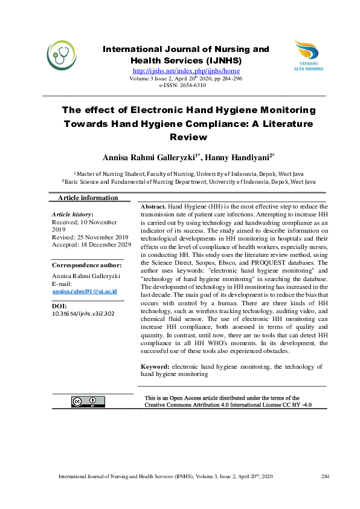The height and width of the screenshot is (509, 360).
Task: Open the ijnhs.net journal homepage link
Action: (186, 71)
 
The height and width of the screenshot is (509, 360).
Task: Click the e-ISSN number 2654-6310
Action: (191, 85)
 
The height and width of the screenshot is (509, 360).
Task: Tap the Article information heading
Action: (88, 198)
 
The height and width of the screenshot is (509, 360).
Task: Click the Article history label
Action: (72, 215)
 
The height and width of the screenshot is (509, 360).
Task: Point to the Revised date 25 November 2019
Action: (90, 238)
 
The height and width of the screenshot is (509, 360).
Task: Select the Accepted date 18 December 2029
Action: (91, 245)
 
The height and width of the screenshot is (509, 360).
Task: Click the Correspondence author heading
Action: (87, 265)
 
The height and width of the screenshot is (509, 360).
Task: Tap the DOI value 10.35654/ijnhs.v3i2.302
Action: (83, 314)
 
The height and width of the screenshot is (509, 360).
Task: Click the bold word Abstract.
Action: (153, 207)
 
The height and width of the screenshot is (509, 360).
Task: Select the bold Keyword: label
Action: (155, 366)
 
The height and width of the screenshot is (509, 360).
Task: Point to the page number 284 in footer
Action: (325, 478)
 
